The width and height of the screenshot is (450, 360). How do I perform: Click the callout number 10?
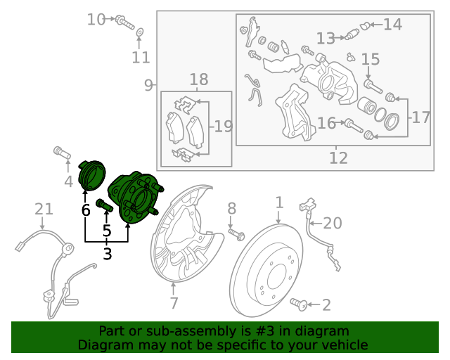tap(96, 20)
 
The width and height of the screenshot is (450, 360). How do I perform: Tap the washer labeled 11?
tap(139, 32)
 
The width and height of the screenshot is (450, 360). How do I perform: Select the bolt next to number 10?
tap(124, 22)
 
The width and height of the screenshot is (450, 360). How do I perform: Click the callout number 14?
tap(392, 25)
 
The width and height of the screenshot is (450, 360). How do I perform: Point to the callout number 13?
tap(326, 38)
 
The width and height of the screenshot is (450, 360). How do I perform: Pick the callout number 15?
tap(371, 59)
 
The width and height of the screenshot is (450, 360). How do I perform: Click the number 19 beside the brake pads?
tap(224, 127)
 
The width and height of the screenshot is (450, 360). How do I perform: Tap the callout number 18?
tap(198, 79)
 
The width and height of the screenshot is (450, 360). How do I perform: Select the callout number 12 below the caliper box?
tap(338, 157)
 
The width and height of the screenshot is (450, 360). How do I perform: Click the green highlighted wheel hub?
tap(135, 198)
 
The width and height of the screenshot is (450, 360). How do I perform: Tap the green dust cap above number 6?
tap(92, 175)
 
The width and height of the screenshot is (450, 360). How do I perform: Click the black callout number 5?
tap(107, 231)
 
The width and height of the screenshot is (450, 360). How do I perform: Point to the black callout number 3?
tap(107, 254)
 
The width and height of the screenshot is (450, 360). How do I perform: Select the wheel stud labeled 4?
tap(62, 152)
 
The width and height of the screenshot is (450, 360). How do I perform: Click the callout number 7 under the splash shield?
tap(174, 303)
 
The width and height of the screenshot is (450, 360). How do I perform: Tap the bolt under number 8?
tap(236, 234)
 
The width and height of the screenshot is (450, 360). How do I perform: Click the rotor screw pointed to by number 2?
tap(299, 304)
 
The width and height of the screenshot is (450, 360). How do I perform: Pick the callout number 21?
tap(44, 209)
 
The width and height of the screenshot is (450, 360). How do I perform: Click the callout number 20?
tap(333, 223)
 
